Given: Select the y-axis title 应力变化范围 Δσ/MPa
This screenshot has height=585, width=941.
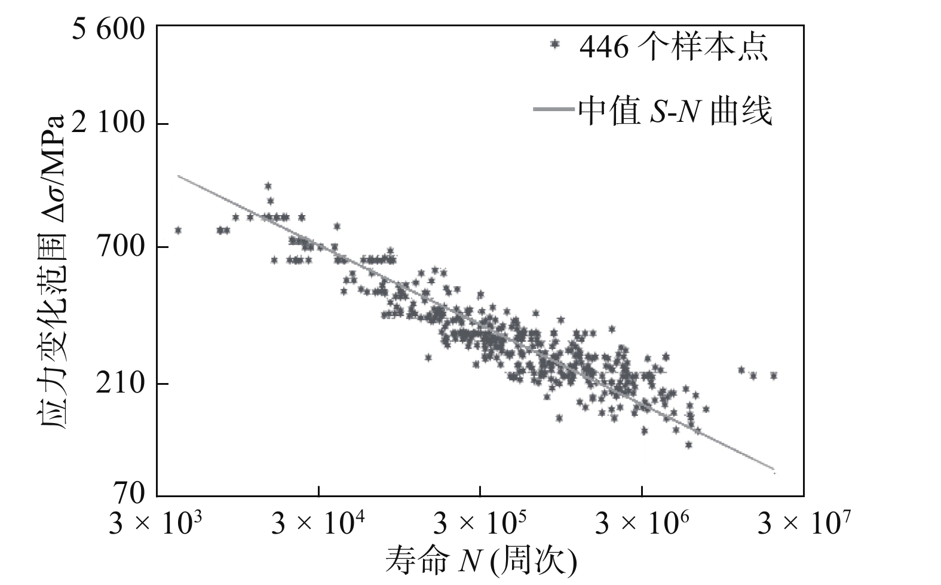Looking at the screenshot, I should pos(53,269).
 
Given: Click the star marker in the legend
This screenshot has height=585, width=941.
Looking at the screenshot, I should pos(556,44).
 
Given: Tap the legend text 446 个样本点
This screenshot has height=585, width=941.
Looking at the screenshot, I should pos(673,47).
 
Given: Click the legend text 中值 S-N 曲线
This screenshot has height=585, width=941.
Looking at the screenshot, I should pos(675,111).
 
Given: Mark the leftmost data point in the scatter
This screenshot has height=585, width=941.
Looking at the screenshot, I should pos(177,230).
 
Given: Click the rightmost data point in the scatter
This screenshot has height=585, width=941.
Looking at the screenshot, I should pos(774,375).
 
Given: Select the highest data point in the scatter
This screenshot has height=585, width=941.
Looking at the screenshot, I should pos(268,186).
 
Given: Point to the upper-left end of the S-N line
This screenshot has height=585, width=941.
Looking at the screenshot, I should pos(178,176).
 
